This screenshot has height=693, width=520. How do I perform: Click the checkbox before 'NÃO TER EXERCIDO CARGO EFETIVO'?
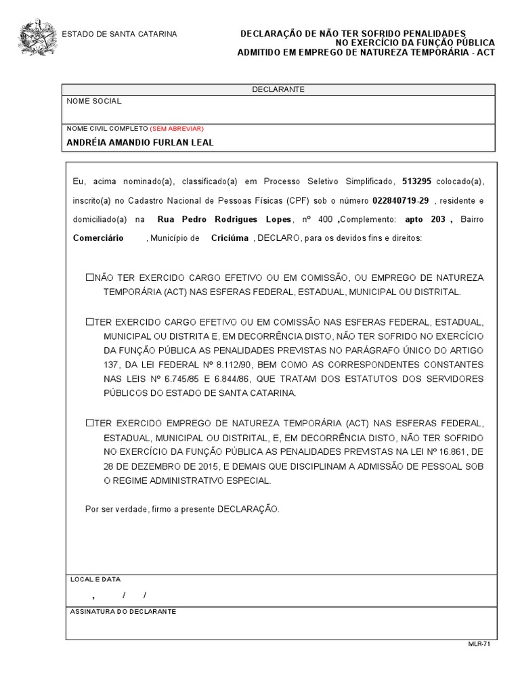[89, 278]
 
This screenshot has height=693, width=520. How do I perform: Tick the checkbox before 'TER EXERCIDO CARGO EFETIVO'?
[89, 321]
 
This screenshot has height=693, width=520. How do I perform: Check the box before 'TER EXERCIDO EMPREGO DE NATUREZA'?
[89, 423]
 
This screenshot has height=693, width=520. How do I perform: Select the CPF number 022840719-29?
[400, 201]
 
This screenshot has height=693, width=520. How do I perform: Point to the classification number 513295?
[417, 182]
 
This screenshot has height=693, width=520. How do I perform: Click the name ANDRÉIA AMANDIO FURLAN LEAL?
[140, 143]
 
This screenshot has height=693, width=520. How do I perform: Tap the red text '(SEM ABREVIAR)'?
[177, 128]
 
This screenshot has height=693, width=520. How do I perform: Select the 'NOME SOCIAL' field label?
[94, 102]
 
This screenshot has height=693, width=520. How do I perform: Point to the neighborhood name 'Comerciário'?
[98, 238]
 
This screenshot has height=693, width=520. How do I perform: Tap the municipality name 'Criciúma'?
[230, 238]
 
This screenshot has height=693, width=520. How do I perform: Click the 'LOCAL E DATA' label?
[95, 579]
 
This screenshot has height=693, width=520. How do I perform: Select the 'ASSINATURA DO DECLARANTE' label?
[123, 611]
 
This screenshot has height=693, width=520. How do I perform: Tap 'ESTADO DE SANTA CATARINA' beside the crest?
[120, 34]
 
